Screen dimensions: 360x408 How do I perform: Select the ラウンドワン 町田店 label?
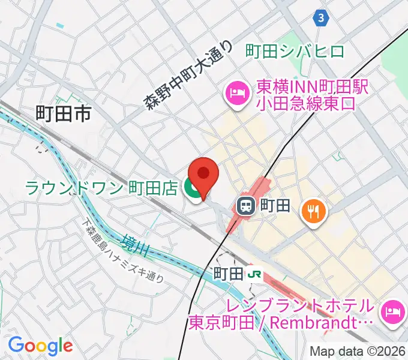click(101, 188)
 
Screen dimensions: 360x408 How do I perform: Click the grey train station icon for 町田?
click(245, 207)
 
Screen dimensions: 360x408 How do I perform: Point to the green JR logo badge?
click(255, 274)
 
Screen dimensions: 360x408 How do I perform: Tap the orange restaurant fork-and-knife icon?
click(313, 210)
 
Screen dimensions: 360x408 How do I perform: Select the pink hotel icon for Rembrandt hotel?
click(393, 311)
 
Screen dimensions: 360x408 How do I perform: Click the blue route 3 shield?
click(322, 18)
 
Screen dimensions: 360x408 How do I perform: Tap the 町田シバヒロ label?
click(295, 52)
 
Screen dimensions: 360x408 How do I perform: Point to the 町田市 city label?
click(63, 112)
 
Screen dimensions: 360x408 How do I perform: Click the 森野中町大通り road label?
click(188, 74)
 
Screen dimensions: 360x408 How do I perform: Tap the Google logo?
click(40, 345)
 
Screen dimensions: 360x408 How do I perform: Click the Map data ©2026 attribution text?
click(358, 352)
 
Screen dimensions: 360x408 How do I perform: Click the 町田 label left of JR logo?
click(228, 274)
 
